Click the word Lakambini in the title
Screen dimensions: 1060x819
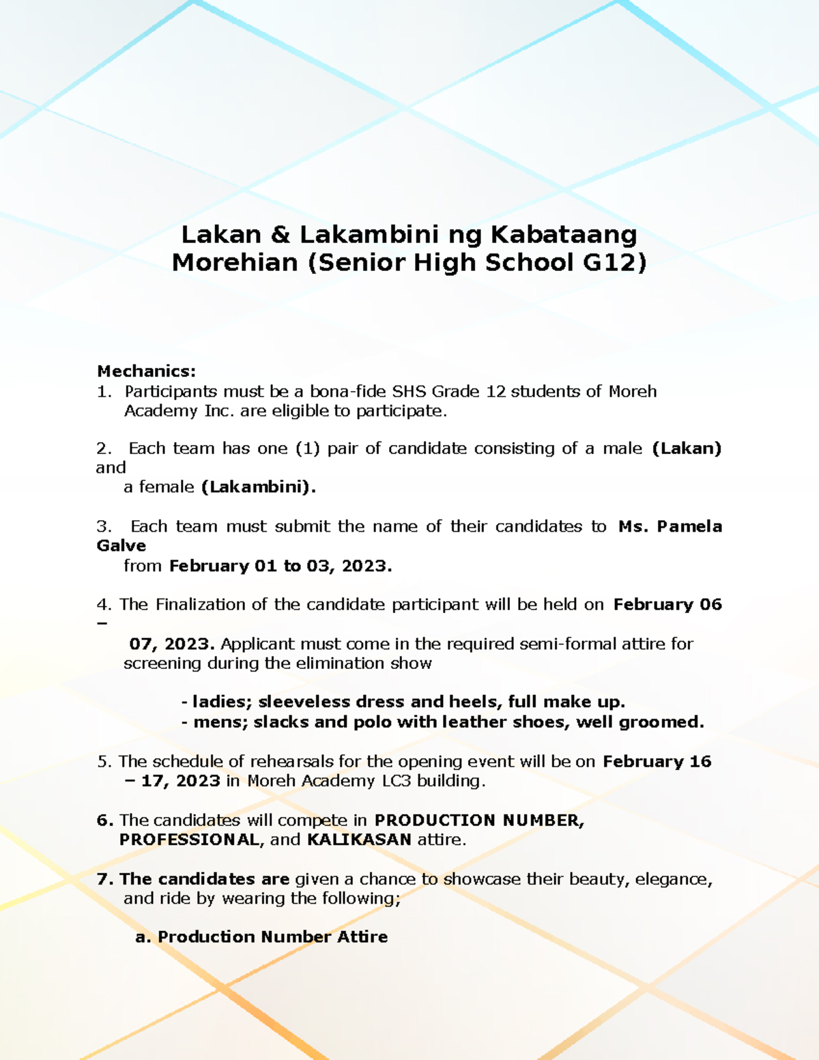click(x=369, y=235)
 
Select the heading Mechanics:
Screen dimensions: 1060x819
click(x=146, y=371)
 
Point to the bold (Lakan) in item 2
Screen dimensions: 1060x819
click(x=687, y=448)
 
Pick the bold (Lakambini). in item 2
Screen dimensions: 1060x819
click(x=259, y=487)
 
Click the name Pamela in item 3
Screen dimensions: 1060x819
click(x=689, y=526)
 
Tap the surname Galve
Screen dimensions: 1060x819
click(x=121, y=546)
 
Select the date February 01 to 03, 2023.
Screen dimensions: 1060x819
click(x=281, y=566)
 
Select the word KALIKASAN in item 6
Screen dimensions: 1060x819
click(x=359, y=840)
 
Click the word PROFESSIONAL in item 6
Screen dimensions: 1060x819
click(x=190, y=840)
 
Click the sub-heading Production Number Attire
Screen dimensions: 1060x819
click(x=272, y=937)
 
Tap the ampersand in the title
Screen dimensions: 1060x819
click(x=280, y=235)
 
